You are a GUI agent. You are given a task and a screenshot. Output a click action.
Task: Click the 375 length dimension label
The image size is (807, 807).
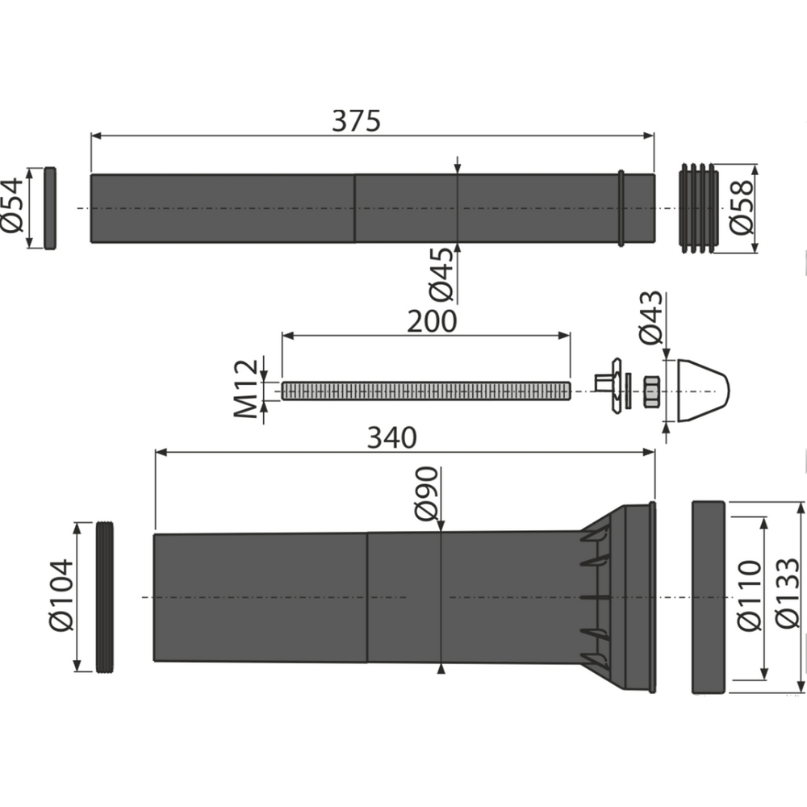(x=356, y=122)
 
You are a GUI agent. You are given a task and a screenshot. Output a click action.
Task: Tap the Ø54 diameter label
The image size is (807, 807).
(x=12, y=205)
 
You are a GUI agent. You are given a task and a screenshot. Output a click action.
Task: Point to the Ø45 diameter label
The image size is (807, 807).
(x=442, y=274)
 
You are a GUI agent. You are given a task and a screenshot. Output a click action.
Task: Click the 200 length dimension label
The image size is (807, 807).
(x=432, y=322)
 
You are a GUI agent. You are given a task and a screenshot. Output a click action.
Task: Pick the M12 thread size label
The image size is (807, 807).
(x=245, y=389)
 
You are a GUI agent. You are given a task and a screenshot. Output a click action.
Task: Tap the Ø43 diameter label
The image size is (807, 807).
(x=651, y=317)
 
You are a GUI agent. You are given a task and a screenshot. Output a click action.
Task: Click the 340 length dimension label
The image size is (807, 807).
(x=391, y=438)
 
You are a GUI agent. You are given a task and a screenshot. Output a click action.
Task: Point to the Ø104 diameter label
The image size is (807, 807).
(x=61, y=595)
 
